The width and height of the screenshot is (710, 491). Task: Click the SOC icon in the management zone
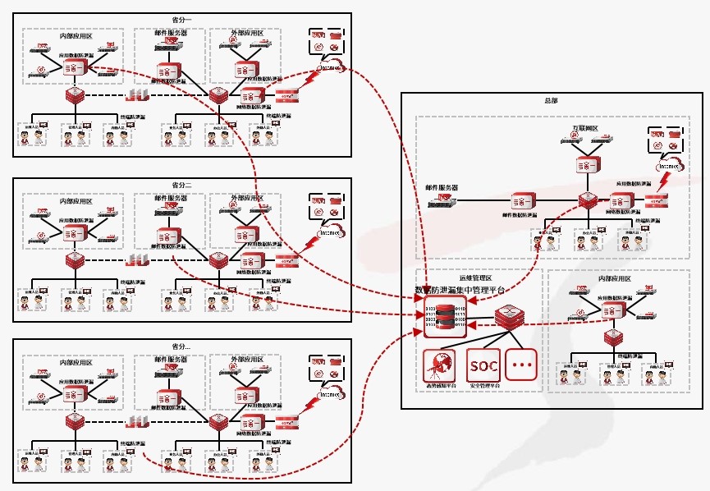(483, 364)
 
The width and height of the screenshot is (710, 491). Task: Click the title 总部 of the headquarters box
(551, 100)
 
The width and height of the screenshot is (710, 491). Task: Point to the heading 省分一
(181, 19)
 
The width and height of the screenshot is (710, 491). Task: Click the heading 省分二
(181, 185)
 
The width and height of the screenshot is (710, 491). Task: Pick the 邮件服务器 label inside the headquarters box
(437, 188)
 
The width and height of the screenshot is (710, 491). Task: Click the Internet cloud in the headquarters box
(667, 165)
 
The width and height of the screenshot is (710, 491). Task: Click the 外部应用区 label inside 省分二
(246, 199)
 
